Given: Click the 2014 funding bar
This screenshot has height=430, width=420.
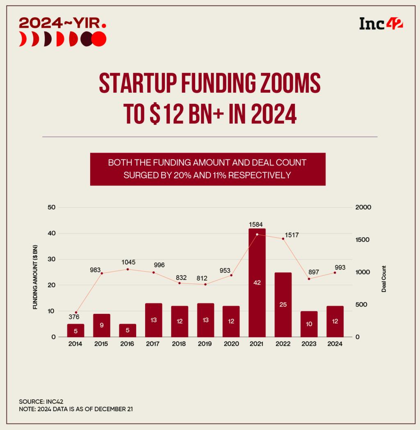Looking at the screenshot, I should point(75,330).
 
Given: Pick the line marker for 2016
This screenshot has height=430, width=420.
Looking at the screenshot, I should point(128,269).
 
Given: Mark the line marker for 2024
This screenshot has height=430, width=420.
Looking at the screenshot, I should point(335,272).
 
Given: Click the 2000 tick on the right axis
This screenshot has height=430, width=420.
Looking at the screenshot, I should point(363,208).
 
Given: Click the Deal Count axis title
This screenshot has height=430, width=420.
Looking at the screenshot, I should point(384,279).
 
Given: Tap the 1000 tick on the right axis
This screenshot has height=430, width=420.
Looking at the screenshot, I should point(363,272).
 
